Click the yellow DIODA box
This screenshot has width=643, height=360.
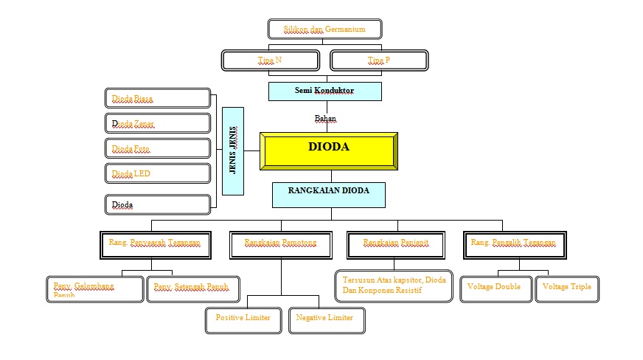pos(329,150)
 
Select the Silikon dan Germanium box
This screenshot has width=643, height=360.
pos(324,30)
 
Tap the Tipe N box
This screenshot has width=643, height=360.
pos(271,60)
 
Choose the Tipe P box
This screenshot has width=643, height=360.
pos(378,60)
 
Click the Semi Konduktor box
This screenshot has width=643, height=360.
pos(324,91)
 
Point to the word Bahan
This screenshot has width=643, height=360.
pos(325,118)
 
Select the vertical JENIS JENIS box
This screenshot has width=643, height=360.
pos(232,150)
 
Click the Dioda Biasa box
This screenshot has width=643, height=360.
pos(158,98)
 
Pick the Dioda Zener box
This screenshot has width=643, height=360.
pos(158,123)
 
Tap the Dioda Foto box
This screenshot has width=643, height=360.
pos(158,149)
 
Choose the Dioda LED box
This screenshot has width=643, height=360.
pos(158,174)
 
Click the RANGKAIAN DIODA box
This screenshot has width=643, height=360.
pos(329,195)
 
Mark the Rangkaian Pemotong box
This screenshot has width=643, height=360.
pos(281,245)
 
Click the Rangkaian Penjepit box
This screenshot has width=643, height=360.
pos(396,245)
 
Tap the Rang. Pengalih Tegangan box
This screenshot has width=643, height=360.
pos(518,245)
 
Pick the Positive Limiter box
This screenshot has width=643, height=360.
pos(243,319)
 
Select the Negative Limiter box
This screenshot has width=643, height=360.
pos(327,319)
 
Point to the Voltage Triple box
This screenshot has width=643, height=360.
pos(567,288)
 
